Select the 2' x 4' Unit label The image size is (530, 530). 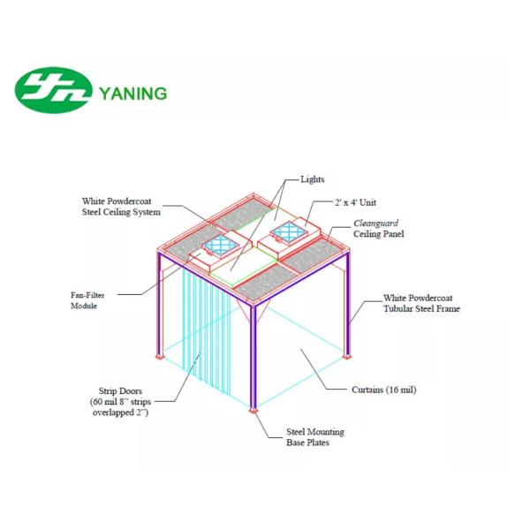point(358,203)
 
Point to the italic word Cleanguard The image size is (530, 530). point(376,223)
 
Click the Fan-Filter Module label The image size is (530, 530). point(89,299)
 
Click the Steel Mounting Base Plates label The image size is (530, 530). point(314,436)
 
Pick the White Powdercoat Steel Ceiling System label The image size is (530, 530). point(122,207)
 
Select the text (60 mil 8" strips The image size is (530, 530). point(125,401)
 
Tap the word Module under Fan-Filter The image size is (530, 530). point(84,306)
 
